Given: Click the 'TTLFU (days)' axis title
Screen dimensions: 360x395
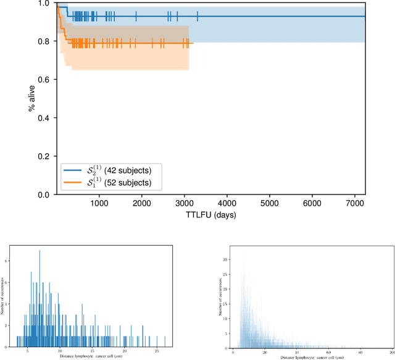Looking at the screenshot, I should tap(210, 216).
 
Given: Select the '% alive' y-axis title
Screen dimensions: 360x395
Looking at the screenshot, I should tap(31, 99).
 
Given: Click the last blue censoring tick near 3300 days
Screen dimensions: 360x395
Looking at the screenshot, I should tap(197, 16).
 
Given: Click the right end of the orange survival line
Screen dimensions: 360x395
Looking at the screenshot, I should tap(193, 43).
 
